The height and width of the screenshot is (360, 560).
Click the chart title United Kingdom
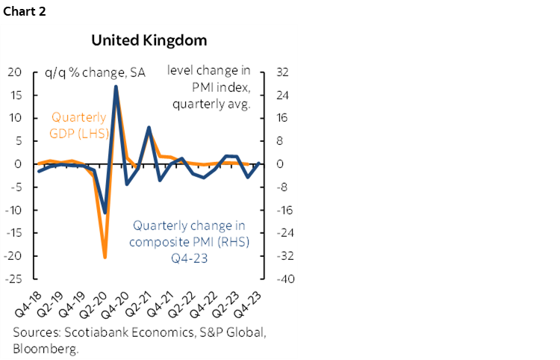point(149,39)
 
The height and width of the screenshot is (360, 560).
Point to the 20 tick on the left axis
point(14,72)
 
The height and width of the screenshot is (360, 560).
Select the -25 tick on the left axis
point(13,279)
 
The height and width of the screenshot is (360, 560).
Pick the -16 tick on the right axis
point(284,210)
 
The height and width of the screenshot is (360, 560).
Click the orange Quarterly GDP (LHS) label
point(79,125)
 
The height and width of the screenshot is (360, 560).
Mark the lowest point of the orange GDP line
point(105,257)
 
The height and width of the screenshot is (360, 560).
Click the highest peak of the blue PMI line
point(116,87)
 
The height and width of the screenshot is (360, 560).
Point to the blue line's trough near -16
point(105,213)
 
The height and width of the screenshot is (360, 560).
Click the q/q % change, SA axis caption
point(95,72)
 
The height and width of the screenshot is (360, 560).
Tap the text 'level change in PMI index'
point(208,79)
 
